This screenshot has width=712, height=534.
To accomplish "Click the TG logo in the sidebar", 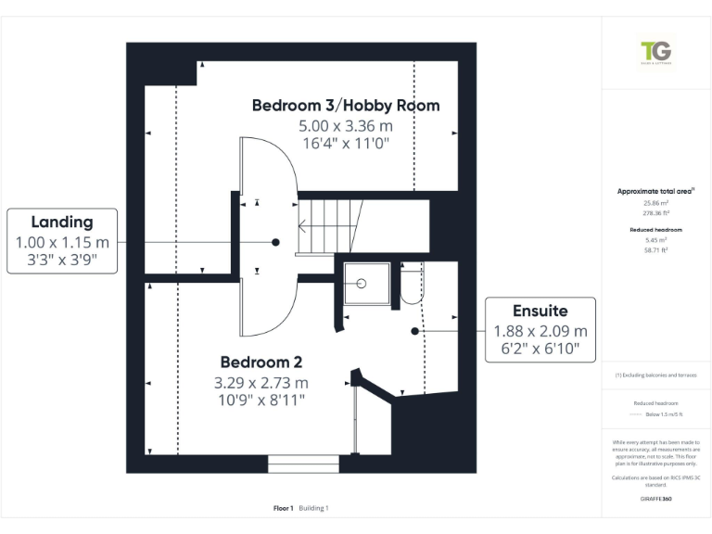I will [x=656, y=53].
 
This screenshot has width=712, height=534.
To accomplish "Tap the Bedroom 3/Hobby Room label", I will [x=346, y=106].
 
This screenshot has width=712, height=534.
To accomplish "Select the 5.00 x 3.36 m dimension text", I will [x=345, y=125].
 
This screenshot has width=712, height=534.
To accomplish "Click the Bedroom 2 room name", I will [x=261, y=362].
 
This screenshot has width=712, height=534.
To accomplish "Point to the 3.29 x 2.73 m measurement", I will [x=261, y=382].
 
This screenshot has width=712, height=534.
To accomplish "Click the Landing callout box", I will [x=62, y=241].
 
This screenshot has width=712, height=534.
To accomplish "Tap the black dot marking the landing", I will [x=275, y=242].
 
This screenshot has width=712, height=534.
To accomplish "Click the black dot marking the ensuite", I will [x=414, y=330].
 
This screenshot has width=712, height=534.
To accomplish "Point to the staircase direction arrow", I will [x=305, y=224].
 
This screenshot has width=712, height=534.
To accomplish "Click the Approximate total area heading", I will [x=656, y=191].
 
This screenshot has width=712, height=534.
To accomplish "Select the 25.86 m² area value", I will [x=656, y=202].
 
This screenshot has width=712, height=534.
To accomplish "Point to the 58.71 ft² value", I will [x=656, y=249].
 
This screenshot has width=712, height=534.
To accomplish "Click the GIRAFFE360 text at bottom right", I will [x=656, y=499].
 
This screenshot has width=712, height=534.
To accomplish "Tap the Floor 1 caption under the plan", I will [x=283, y=508].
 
